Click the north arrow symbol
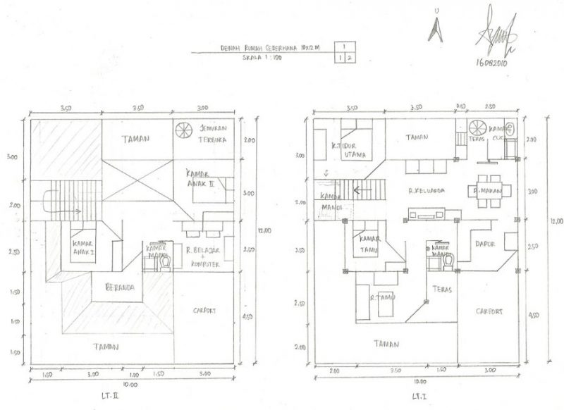[x=439, y=29]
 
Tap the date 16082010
[x=493, y=62]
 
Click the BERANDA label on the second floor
[x=121, y=287]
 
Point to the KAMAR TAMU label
[x=370, y=243]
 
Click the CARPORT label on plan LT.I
[x=489, y=311]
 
